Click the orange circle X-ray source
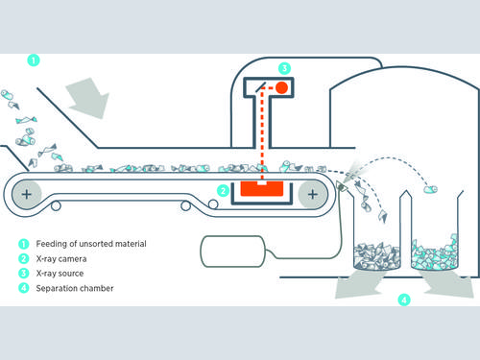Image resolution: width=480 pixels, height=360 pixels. pyautogui.click(x=281, y=87)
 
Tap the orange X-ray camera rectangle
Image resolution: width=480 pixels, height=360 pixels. pyautogui.click(x=262, y=188)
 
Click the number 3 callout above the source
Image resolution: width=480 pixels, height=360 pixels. pyautogui.click(x=284, y=68)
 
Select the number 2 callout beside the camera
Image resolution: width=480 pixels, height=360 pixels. pyautogui.click(x=223, y=191)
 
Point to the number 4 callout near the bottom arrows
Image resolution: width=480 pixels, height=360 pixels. pyautogui.click(x=404, y=300)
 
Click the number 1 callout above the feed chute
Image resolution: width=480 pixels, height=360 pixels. pyautogui.click(x=34, y=60)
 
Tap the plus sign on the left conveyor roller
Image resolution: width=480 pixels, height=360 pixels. pyautogui.click(x=27, y=194)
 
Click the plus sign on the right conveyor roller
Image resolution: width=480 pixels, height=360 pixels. pyautogui.click(x=313, y=194)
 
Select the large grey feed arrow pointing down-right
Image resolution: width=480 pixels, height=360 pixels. pyautogui.click(x=88, y=98)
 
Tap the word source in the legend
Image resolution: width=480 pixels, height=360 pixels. pyautogui.click(x=71, y=274)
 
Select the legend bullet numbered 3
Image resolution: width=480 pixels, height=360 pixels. pyautogui.click(x=23, y=274)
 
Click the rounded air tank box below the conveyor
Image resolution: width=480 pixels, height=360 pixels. pyautogui.click(x=232, y=252)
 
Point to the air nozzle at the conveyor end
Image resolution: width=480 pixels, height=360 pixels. pyautogui.click(x=342, y=186)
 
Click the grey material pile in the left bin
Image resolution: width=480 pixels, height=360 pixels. pyautogui.click(x=377, y=255)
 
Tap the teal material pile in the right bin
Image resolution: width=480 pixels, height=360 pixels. pyautogui.click(x=434, y=252)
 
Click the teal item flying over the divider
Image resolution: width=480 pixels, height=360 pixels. pyautogui.click(x=430, y=189)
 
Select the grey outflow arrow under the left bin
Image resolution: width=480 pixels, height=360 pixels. pyautogui.click(x=358, y=284)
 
